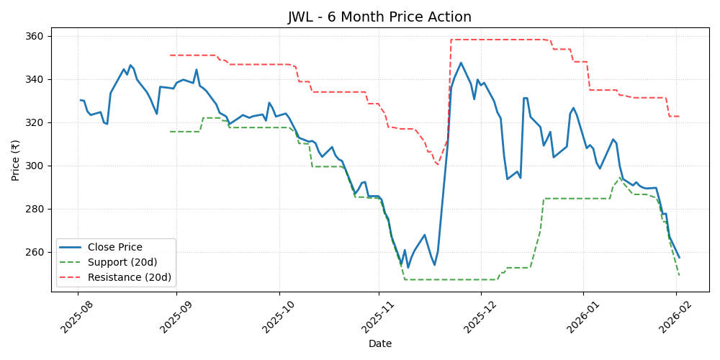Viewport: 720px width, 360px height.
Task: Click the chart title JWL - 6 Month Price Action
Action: [379, 17]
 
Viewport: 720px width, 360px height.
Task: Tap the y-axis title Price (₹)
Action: [16, 159]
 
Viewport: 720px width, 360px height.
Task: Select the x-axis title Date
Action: [379, 343]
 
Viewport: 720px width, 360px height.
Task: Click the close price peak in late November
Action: [461, 63]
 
